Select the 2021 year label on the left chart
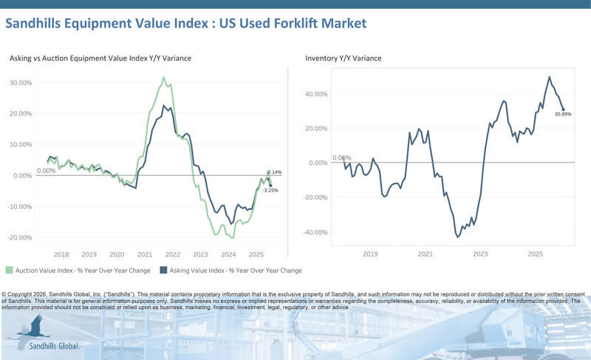(x=144, y=254)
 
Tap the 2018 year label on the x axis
(x=61, y=254)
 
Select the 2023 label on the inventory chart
(x=480, y=254)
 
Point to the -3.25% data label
(x=271, y=191)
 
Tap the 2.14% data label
(x=274, y=172)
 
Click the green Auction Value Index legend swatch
(x=9, y=271)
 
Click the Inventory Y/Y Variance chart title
(x=344, y=58)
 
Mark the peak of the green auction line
(x=163, y=77)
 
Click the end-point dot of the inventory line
(x=563, y=109)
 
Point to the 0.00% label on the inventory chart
(x=341, y=157)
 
